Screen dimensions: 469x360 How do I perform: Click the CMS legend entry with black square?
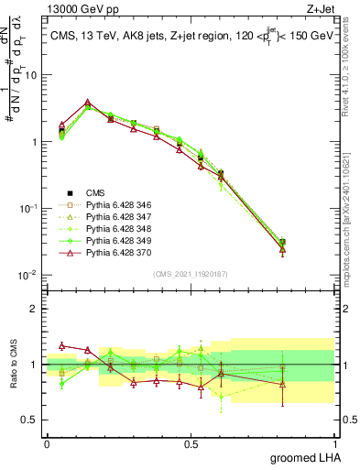pyautogui.click(x=96, y=193)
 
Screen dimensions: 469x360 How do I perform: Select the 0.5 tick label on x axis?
pyautogui.click(x=191, y=443)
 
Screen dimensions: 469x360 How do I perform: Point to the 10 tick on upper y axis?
pyautogui.click(x=32, y=75)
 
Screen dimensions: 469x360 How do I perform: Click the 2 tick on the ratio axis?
pyautogui.click(x=35, y=309)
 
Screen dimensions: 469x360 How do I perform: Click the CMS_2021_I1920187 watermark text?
pyautogui.click(x=190, y=272)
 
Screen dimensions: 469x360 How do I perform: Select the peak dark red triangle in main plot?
pyautogui.click(x=87, y=103)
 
